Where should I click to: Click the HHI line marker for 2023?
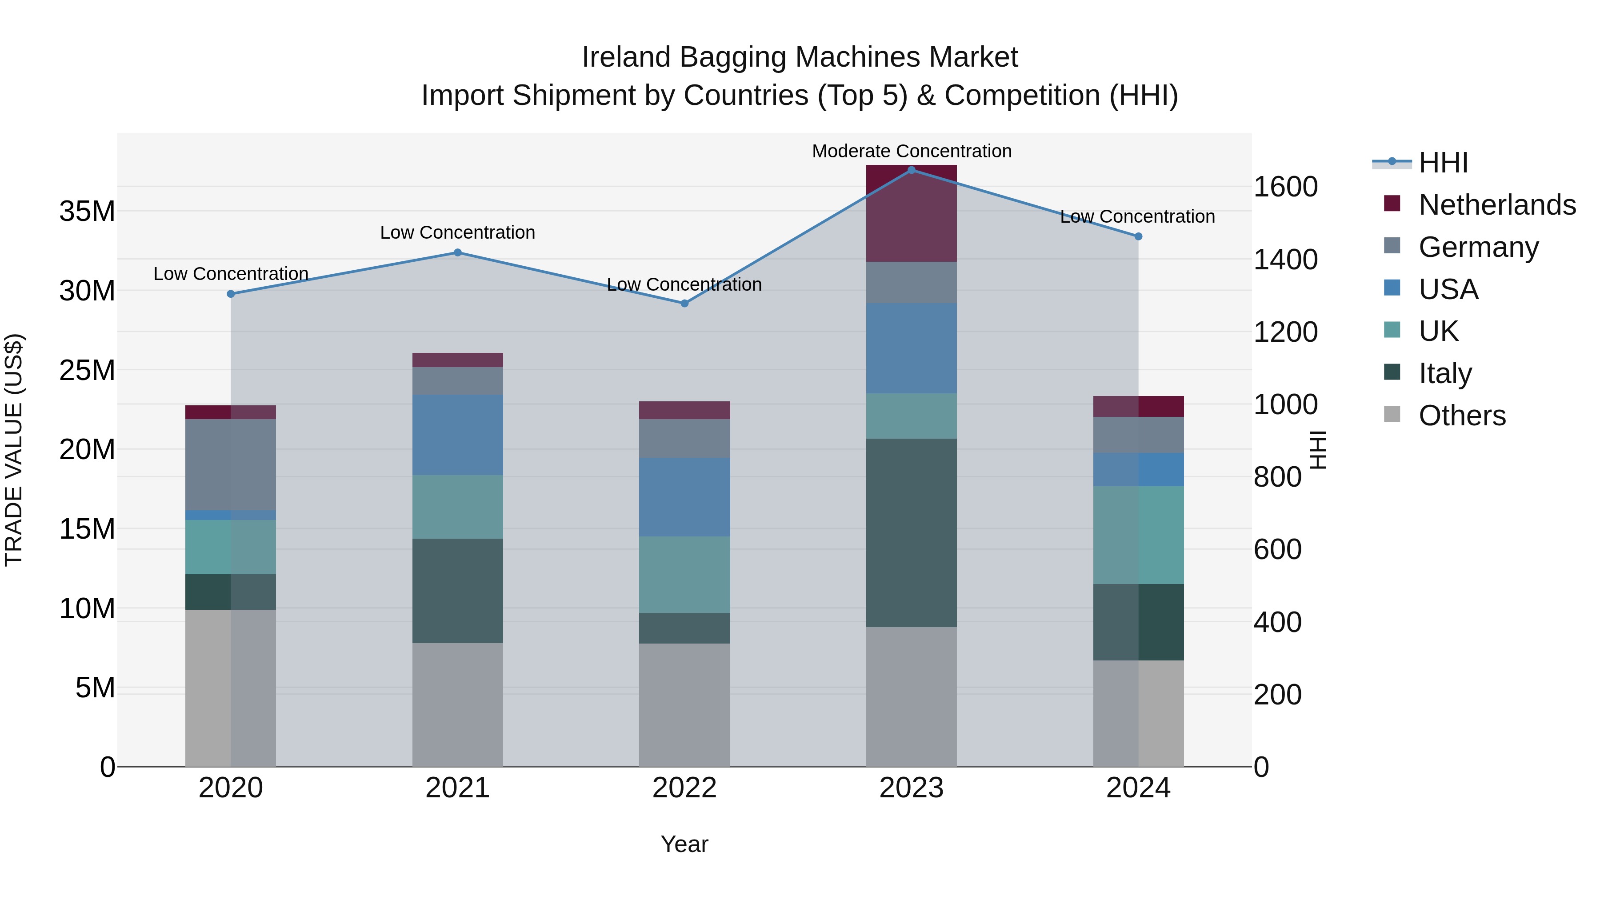(911, 170)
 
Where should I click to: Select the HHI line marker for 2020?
(230, 294)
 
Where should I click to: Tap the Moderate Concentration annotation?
(911, 151)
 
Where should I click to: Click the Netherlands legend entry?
(1497, 205)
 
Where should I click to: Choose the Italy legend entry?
(1445, 373)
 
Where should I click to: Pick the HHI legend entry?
(1443, 163)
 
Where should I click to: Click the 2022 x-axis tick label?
(684, 788)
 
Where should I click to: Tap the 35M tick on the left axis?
(87, 211)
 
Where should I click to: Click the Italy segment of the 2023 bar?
(911, 532)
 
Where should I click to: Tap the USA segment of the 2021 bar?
(457, 435)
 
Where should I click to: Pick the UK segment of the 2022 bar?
(684, 575)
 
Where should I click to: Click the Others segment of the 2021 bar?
(457, 704)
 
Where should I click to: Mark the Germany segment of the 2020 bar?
(230, 464)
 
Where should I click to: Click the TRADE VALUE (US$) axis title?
(14, 450)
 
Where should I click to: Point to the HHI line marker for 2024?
(1138, 236)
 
